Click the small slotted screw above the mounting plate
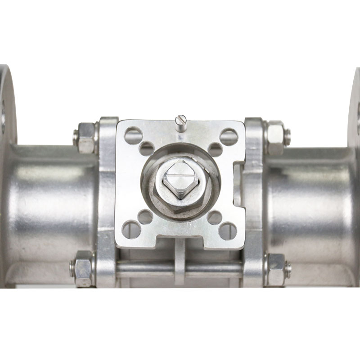pyautogui.click(x=180, y=122)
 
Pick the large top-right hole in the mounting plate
pyautogui.click(x=229, y=137)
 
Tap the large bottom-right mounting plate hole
pyautogui.click(x=228, y=231)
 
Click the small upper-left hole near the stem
pyautogui.click(x=147, y=149)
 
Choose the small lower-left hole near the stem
pyautogui.click(x=145, y=217)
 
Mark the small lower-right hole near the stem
pyautogui.click(x=214, y=217)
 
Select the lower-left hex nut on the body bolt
pyautogui.click(x=83, y=269)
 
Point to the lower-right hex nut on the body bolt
pyautogui.click(x=276, y=269)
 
